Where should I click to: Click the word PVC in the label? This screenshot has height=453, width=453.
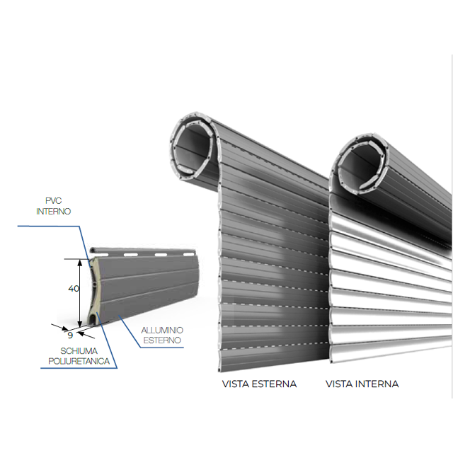point(54,200)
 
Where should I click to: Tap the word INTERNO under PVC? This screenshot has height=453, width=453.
point(54,211)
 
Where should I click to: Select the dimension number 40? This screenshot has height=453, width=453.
point(74,288)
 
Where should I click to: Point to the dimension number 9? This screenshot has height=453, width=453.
point(70,335)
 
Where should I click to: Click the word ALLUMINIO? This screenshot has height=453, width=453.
point(162,330)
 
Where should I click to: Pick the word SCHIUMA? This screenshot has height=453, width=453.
point(79,351)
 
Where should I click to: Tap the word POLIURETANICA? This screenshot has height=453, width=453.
point(79,362)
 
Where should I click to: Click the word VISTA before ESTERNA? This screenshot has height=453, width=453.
point(236,384)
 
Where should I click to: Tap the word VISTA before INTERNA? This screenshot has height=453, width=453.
point(339,384)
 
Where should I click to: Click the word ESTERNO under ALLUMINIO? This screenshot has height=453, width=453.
point(162,340)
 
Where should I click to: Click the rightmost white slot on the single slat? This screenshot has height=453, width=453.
point(189,254)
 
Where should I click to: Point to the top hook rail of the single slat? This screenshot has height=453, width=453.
point(143,250)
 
